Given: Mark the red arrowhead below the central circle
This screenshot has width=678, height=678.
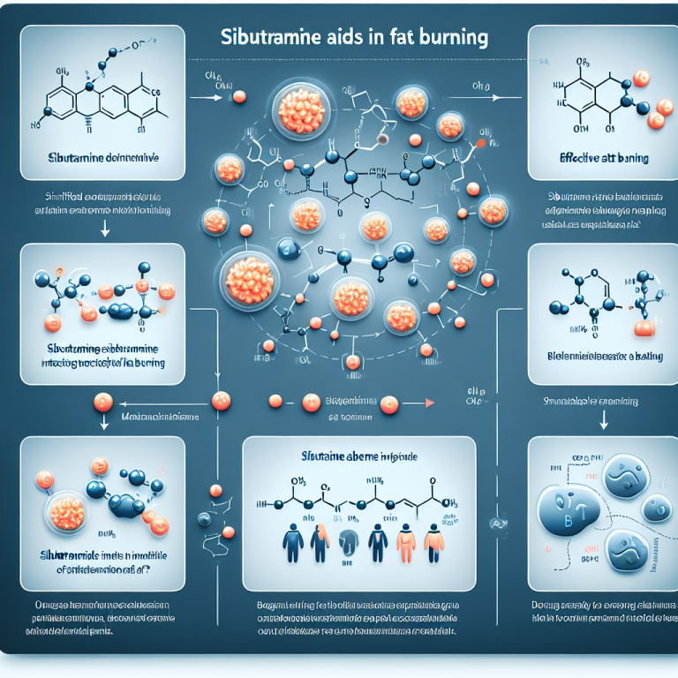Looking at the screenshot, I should [x=430, y=403].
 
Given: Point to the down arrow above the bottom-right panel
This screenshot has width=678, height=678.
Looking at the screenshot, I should [x=606, y=422].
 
